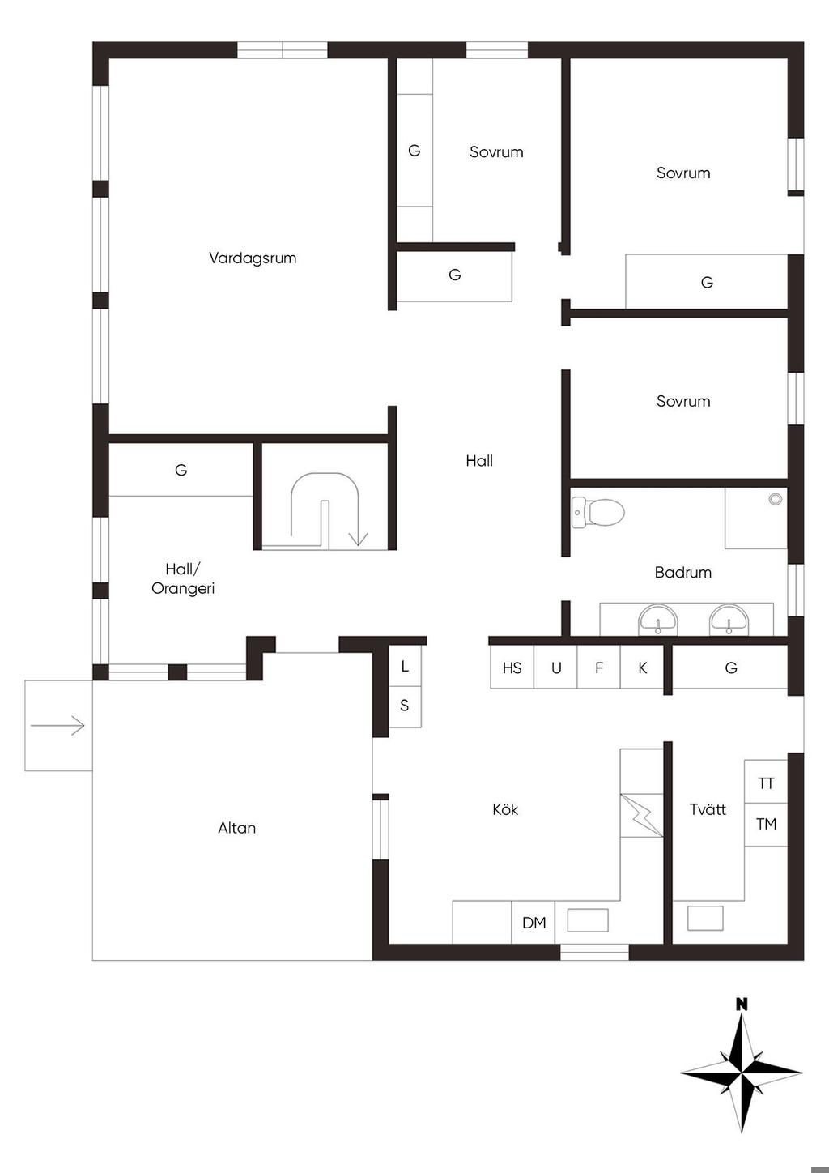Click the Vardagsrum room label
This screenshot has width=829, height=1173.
(x=253, y=258)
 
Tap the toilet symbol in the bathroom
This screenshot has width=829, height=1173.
(x=597, y=511)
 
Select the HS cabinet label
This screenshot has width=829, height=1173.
(x=512, y=668)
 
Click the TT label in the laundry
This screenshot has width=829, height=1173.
(x=766, y=783)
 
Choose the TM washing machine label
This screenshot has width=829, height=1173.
(x=766, y=824)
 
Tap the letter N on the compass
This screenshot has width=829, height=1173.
(x=742, y=1004)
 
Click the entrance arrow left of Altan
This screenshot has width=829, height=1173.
(x=57, y=726)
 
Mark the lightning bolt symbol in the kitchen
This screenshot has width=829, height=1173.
(x=642, y=814)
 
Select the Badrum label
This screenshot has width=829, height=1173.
(x=683, y=573)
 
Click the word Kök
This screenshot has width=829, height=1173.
(x=505, y=809)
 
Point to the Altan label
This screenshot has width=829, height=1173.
(x=237, y=828)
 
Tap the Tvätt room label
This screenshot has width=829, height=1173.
(x=708, y=809)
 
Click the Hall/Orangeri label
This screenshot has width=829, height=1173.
(x=183, y=578)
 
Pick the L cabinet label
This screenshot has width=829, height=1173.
(x=405, y=667)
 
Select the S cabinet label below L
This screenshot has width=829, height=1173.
(x=404, y=706)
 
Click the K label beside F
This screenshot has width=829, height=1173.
(x=643, y=668)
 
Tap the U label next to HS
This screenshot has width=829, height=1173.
(x=556, y=668)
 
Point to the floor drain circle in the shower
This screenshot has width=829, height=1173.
(x=776, y=499)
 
